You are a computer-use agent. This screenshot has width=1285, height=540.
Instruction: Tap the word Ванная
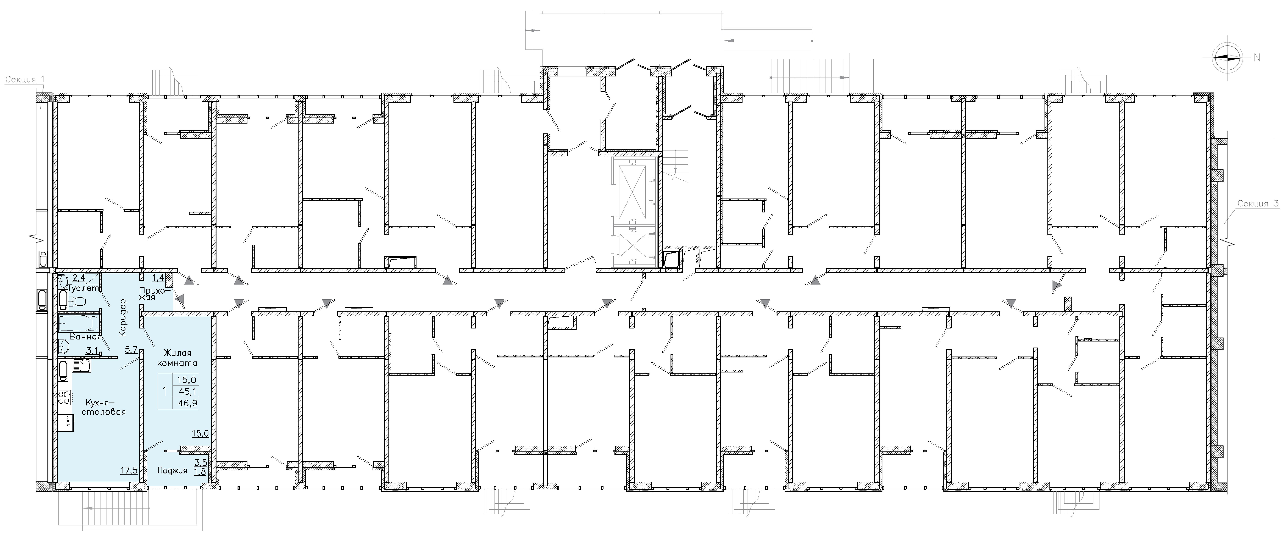[x=85, y=336]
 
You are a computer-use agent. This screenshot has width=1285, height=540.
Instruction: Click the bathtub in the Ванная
[x=80, y=323]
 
